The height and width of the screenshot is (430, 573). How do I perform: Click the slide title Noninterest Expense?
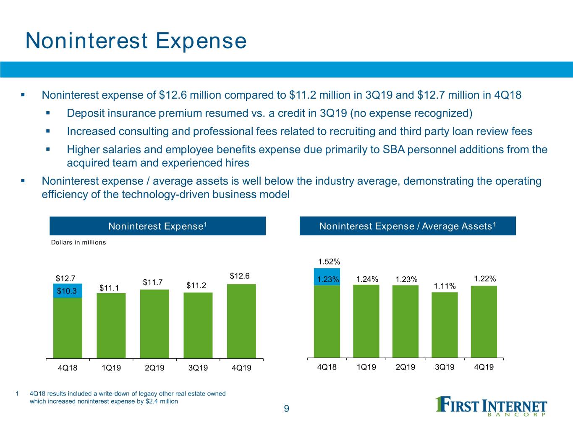pyautogui.click(x=136, y=41)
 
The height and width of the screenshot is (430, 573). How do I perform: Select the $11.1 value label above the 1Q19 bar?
pyautogui.click(x=109, y=288)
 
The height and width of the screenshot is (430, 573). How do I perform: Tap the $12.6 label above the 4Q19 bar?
pyautogui.click(x=240, y=276)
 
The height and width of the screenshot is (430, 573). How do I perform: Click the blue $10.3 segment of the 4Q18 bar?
pyautogui.click(x=68, y=291)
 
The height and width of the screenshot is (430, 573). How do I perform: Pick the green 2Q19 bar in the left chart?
pyautogui.click(x=154, y=324)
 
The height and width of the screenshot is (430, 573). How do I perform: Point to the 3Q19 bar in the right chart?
pyautogui.click(x=445, y=325)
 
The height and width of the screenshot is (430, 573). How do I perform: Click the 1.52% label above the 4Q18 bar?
pyautogui.click(x=329, y=262)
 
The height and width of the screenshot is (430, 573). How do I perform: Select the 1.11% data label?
pyautogui.click(x=445, y=286)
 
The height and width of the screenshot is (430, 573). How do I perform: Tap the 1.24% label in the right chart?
pyautogui.click(x=367, y=279)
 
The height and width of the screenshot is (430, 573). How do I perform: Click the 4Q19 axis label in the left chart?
pyautogui.click(x=241, y=368)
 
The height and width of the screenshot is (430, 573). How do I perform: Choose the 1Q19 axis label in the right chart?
pyautogui.click(x=366, y=367)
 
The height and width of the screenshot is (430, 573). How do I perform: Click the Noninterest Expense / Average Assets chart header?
pyautogui.click(x=408, y=226)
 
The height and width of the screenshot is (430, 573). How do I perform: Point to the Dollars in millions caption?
pyautogui.click(x=78, y=242)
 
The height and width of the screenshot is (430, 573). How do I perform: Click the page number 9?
pyautogui.click(x=287, y=409)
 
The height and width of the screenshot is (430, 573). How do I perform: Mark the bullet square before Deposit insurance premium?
pyautogui.click(x=48, y=113)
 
